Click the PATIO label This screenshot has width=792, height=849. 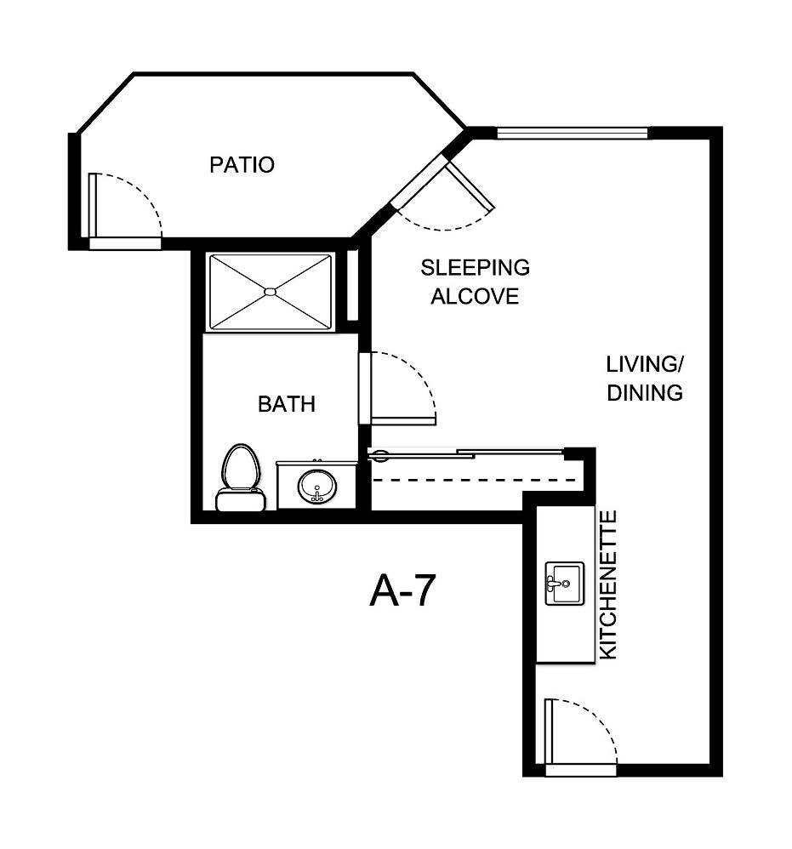242,164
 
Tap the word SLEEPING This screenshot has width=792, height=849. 475,267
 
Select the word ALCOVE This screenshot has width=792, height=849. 475,297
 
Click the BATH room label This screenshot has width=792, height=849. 286,403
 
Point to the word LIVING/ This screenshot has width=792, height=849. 645,364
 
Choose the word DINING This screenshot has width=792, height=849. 645,393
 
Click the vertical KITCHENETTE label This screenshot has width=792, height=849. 608,584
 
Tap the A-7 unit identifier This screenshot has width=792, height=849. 402,591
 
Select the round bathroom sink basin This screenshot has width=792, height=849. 317,487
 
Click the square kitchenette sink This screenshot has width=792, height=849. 564,583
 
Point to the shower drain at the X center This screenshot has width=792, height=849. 271,292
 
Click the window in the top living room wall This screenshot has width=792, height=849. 572,133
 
